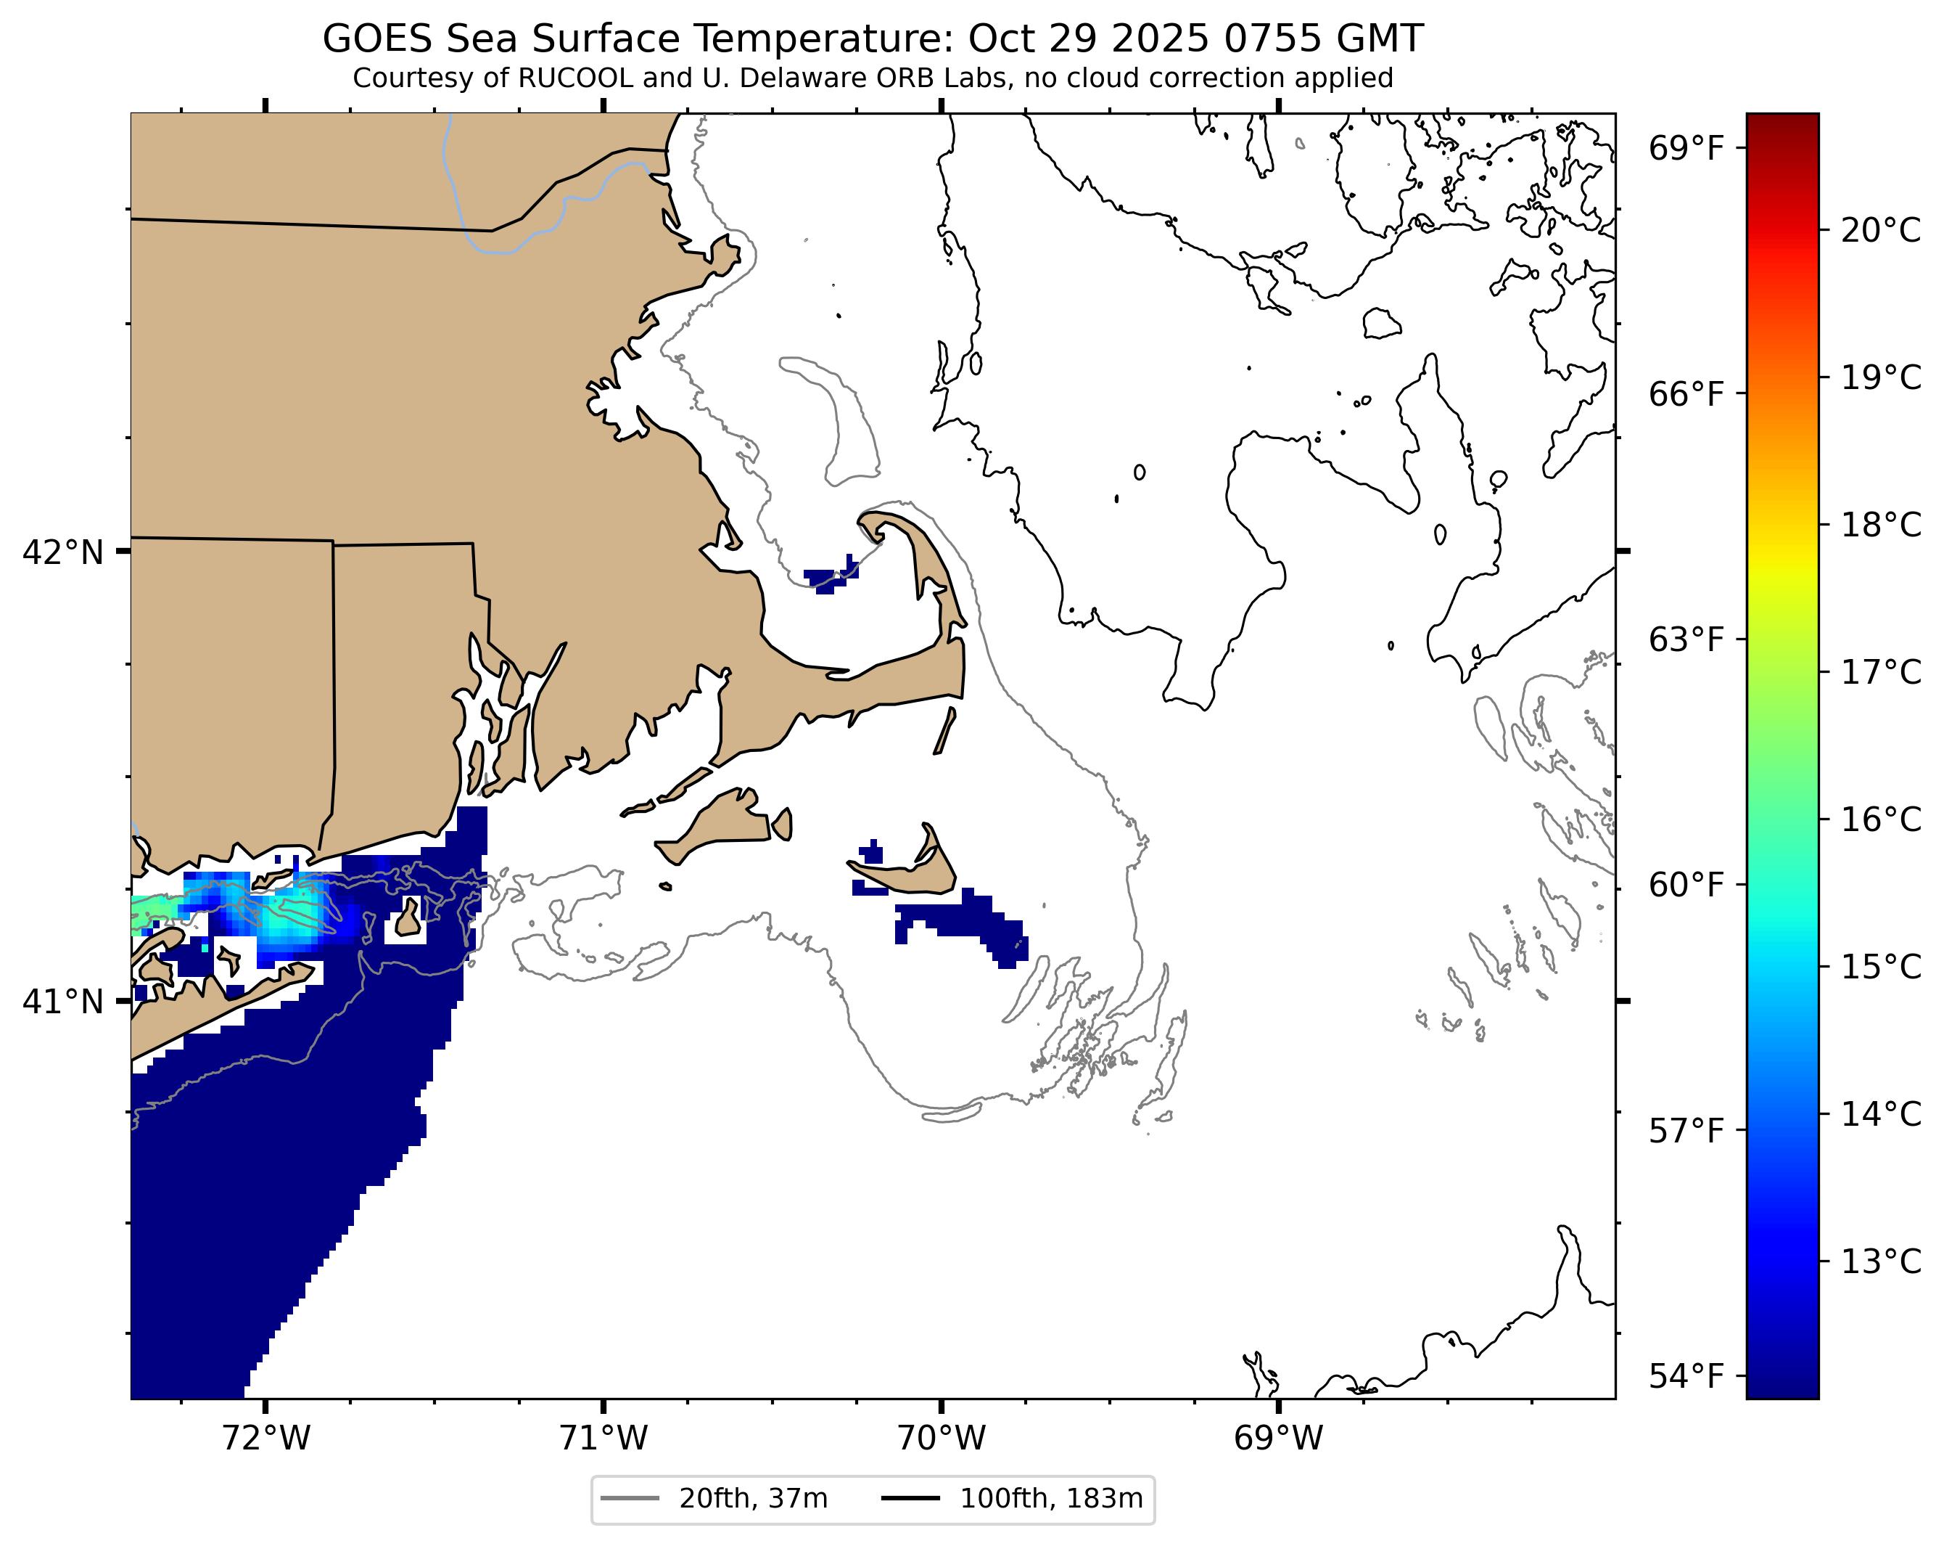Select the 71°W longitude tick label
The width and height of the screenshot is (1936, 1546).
point(604,1439)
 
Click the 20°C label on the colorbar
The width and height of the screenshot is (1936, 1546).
point(1880,231)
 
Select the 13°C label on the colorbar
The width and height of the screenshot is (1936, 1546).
point(1880,1262)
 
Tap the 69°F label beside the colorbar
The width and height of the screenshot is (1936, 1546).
point(1687,148)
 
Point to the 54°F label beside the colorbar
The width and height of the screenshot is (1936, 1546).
point(1687,1376)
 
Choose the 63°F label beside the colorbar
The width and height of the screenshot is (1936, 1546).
point(1687,640)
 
